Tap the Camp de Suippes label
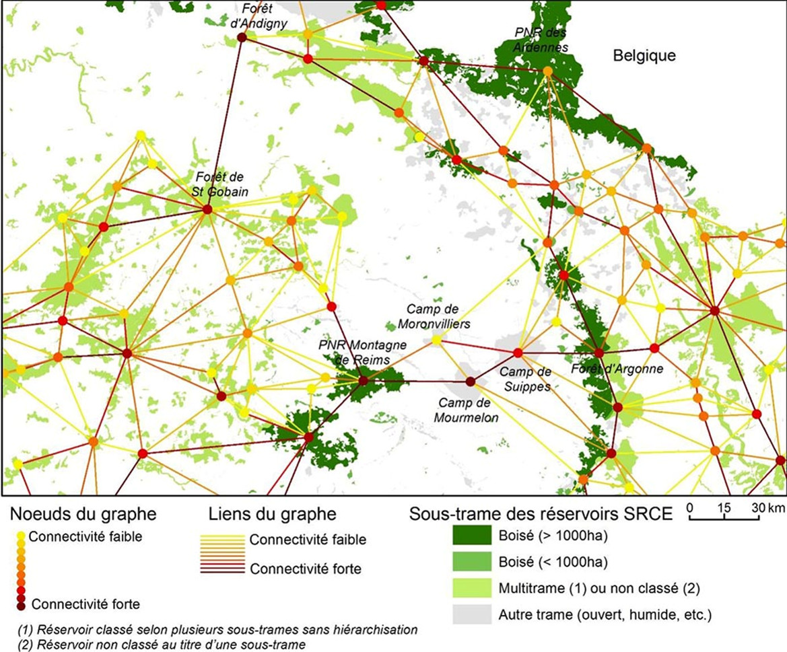coord(525,379)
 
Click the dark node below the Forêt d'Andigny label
coord(242,38)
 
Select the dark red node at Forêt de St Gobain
coord(207,210)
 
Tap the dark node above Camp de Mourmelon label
coord(471,382)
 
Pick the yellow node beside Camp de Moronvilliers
coord(436,340)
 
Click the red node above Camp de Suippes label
coord(518,353)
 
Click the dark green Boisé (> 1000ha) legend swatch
coord(471,537)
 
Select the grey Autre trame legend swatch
coord(471,614)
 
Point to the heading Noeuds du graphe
coord(83,515)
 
